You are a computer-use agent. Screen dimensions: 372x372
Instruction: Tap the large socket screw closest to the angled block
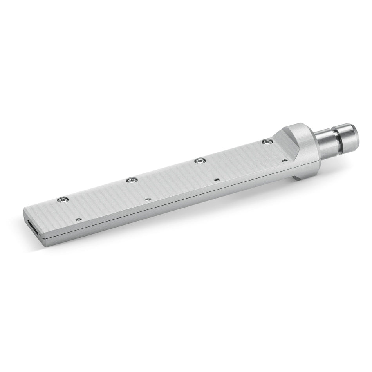[267, 142]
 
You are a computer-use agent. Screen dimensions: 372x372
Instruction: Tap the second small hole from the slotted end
[148, 199]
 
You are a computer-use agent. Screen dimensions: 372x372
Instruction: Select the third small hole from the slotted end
[216, 180]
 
